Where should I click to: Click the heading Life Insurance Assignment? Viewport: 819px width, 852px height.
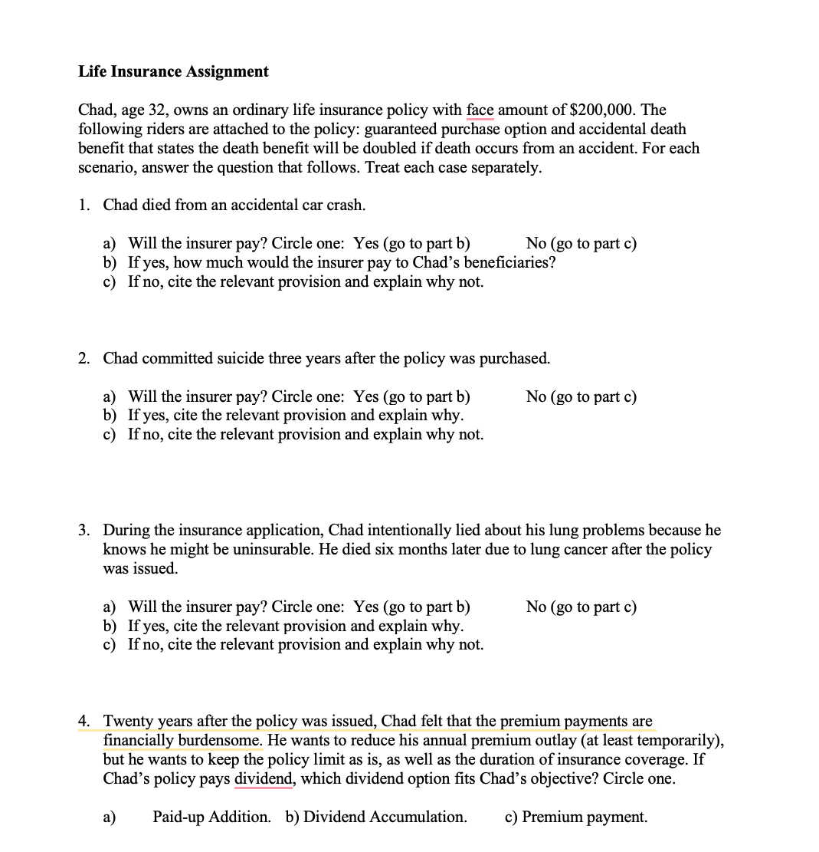pos(173,71)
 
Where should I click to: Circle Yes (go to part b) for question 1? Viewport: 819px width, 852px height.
pos(412,244)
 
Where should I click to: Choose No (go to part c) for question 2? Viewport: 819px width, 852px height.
pos(581,396)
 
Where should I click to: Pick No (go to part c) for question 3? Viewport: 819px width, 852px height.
pos(581,607)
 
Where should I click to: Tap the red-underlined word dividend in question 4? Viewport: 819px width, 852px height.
pos(264,778)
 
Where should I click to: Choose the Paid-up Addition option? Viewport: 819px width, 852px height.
pos(211,817)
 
